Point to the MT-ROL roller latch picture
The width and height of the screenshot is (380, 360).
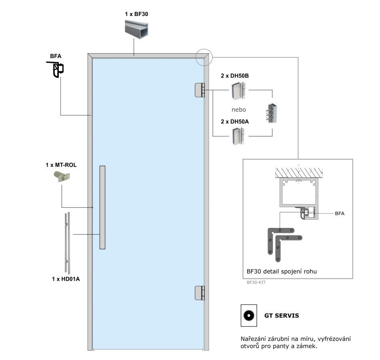click(62, 176)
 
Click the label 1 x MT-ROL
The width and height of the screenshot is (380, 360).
click(61, 164)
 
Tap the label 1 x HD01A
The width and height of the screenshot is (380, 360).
click(66, 279)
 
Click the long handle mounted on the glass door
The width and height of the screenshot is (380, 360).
click(102, 207)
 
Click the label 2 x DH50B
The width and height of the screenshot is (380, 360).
click(235, 76)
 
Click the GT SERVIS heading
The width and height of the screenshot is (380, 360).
click(282, 316)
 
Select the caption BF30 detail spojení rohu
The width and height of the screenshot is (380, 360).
click(282, 272)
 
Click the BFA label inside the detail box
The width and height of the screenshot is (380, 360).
click(339, 214)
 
